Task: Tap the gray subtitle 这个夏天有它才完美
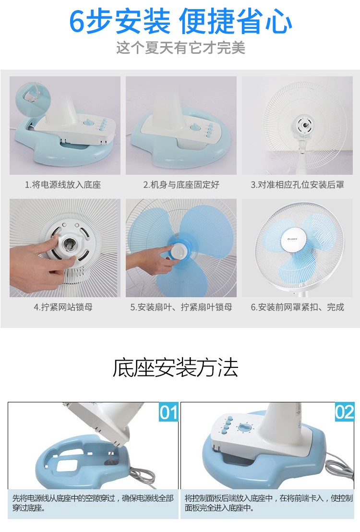tap(180, 48)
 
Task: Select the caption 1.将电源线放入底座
tap(63, 184)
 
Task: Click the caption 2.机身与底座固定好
tap(181, 184)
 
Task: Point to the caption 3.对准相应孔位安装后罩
tap(297, 184)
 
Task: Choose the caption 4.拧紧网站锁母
tap(63, 307)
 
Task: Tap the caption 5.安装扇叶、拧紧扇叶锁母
tap(181, 307)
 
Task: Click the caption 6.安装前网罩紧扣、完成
tap(297, 307)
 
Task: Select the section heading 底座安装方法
tap(175, 367)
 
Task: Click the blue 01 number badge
tap(168, 412)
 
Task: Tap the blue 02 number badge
tap(344, 412)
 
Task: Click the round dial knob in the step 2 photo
tap(195, 127)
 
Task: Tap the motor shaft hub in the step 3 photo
tap(303, 125)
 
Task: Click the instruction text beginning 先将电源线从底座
tap(93, 503)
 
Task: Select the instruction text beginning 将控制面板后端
tap(268, 503)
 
